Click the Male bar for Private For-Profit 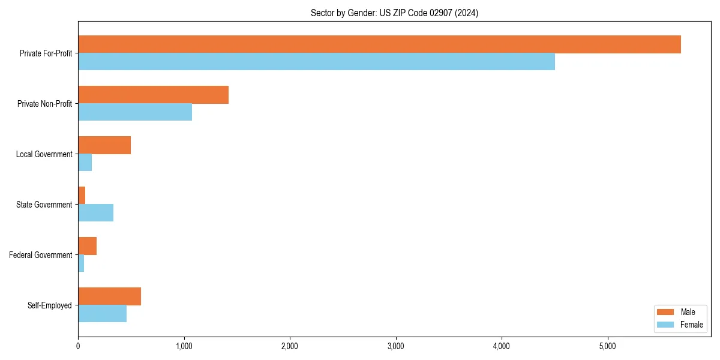(x=379, y=44)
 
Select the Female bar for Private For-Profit (x=316, y=62)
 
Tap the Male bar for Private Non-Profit (x=153, y=95)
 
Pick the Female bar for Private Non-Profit (x=135, y=112)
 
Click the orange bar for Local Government (x=104, y=145)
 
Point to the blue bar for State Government (x=95, y=213)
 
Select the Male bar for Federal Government (x=87, y=246)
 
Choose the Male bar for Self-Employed (x=109, y=296)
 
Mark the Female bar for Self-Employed (x=102, y=314)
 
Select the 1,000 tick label (x=184, y=346)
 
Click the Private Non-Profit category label (x=44, y=104)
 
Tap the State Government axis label (x=44, y=205)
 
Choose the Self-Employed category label (x=49, y=305)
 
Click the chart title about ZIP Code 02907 (x=394, y=13)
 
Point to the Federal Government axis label (x=41, y=255)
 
